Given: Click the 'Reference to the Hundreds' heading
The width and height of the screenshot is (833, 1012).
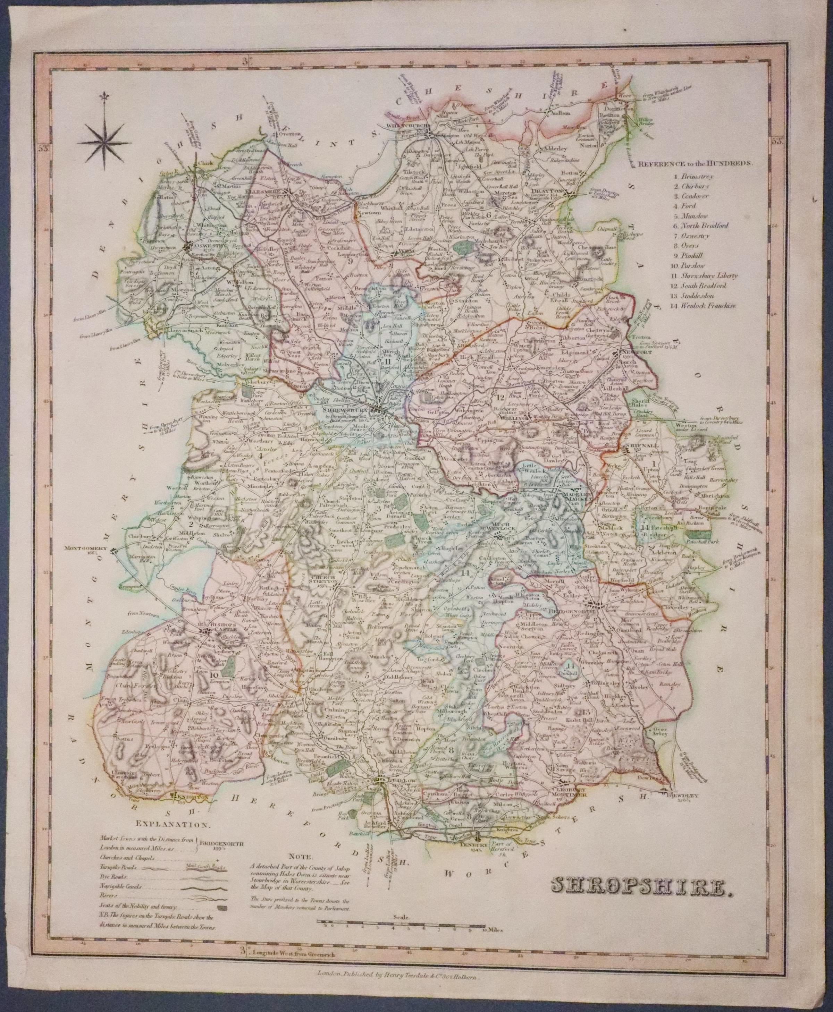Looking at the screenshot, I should point(695,163).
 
